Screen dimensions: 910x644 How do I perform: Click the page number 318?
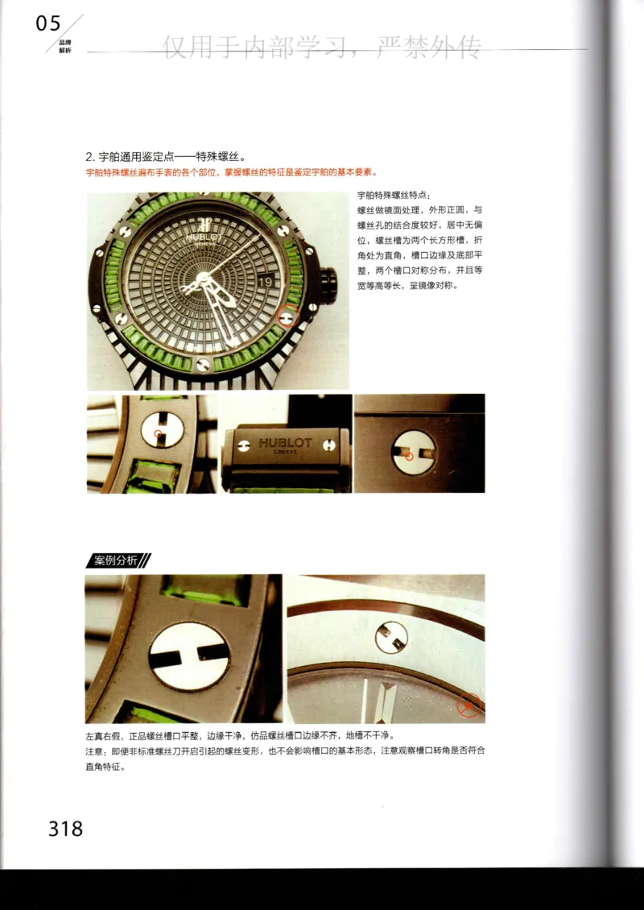tap(65, 828)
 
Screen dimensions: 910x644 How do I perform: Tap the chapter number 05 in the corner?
tap(48, 23)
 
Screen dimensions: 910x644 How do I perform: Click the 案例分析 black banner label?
tap(117, 561)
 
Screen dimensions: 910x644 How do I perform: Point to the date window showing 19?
tap(268, 281)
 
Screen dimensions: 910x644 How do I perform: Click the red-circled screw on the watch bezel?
tap(288, 316)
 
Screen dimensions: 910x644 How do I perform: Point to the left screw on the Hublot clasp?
tap(241, 444)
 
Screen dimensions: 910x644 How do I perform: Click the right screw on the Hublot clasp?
tap(329, 444)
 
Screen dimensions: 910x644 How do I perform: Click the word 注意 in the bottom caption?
tap(95, 751)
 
